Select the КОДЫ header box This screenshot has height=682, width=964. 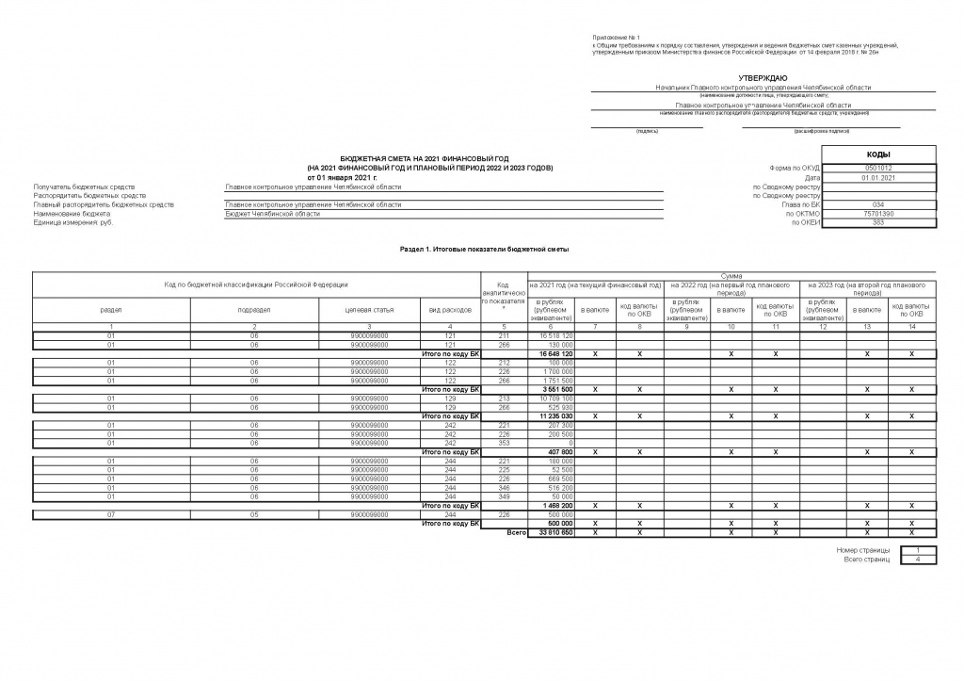coord(878,154)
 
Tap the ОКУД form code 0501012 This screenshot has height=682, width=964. coord(878,169)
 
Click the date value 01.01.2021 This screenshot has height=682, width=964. coord(878,178)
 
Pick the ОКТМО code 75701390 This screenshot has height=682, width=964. coord(878,214)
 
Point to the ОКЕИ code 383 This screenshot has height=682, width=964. coord(878,222)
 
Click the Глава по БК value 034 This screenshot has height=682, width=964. coord(878,204)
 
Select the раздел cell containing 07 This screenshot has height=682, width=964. coord(111,514)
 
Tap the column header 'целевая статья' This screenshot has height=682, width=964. coord(370,309)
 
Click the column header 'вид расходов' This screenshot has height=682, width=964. coord(448,309)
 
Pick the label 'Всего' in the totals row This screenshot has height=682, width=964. coord(515,531)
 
